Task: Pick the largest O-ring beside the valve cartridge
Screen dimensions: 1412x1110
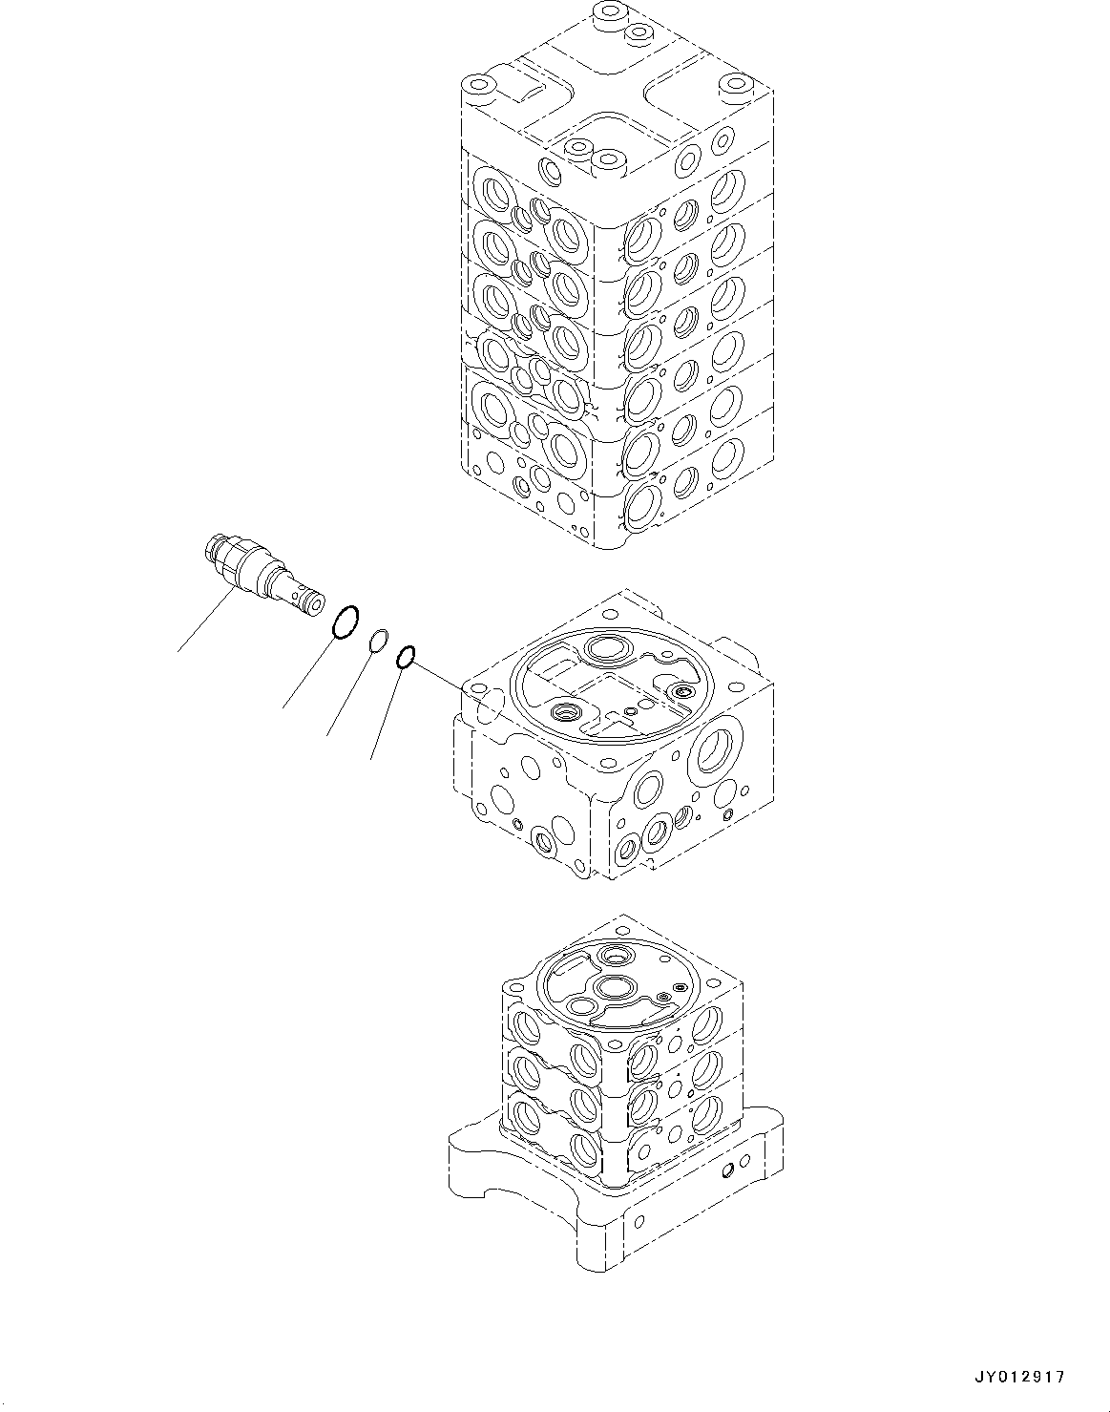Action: [345, 622]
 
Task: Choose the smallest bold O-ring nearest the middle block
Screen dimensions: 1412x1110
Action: [405, 656]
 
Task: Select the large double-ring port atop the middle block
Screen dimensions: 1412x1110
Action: [604, 649]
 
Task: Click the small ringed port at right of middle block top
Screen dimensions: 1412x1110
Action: [681, 690]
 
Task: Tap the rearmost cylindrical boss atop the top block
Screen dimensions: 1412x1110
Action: [606, 15]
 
